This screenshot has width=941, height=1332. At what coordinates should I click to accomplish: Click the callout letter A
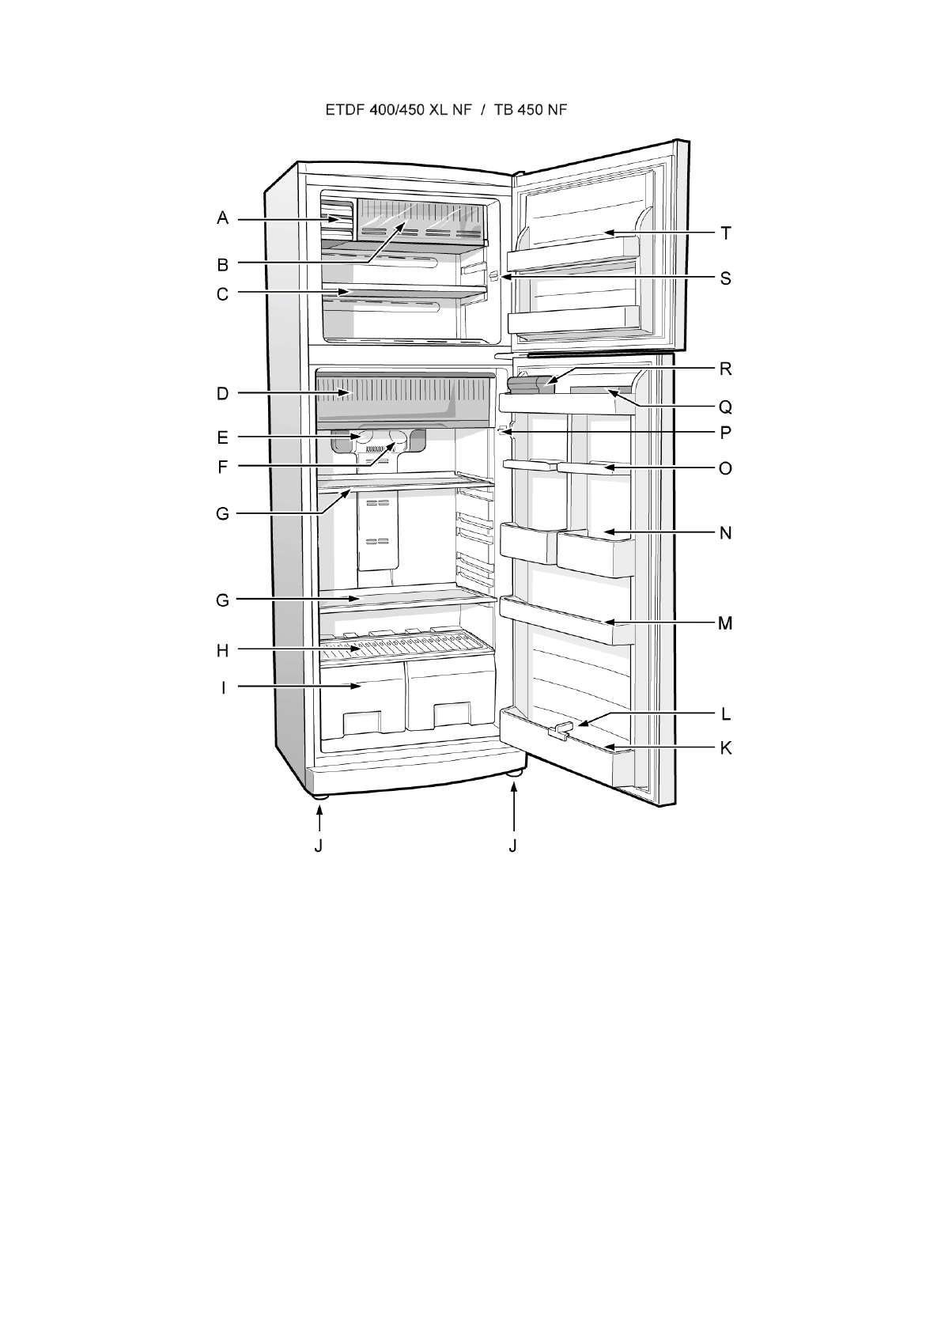[x=223, y=218]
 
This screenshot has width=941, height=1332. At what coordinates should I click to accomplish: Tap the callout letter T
[x=725, y=233]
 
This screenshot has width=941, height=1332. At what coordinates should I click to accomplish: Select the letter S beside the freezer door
[x=725, y=278]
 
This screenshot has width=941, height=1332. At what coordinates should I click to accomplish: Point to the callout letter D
[x=223, y=393]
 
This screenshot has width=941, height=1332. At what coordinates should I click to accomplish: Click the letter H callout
[x=223, y=650]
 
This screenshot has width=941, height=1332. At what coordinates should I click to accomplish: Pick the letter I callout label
[x=223, y=687]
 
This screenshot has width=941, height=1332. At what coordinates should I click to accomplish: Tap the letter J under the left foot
[x=318, y=846]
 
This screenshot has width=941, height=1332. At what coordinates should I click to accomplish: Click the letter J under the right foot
[x=513, y=846]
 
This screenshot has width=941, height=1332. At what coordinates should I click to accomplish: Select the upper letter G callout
[x=223, y=514]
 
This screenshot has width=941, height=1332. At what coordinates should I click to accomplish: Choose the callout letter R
[x=725, y=369]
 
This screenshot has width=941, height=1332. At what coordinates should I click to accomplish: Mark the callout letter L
[x=725, y=714]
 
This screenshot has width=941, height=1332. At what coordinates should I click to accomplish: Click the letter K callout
[x=725, y=747]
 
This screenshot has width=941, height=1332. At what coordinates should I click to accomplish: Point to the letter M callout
[x=725, y=623]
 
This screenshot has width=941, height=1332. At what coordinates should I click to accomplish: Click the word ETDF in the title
[x=344, y=110]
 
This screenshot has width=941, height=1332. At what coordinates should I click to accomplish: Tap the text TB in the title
[x=504, y=110]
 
